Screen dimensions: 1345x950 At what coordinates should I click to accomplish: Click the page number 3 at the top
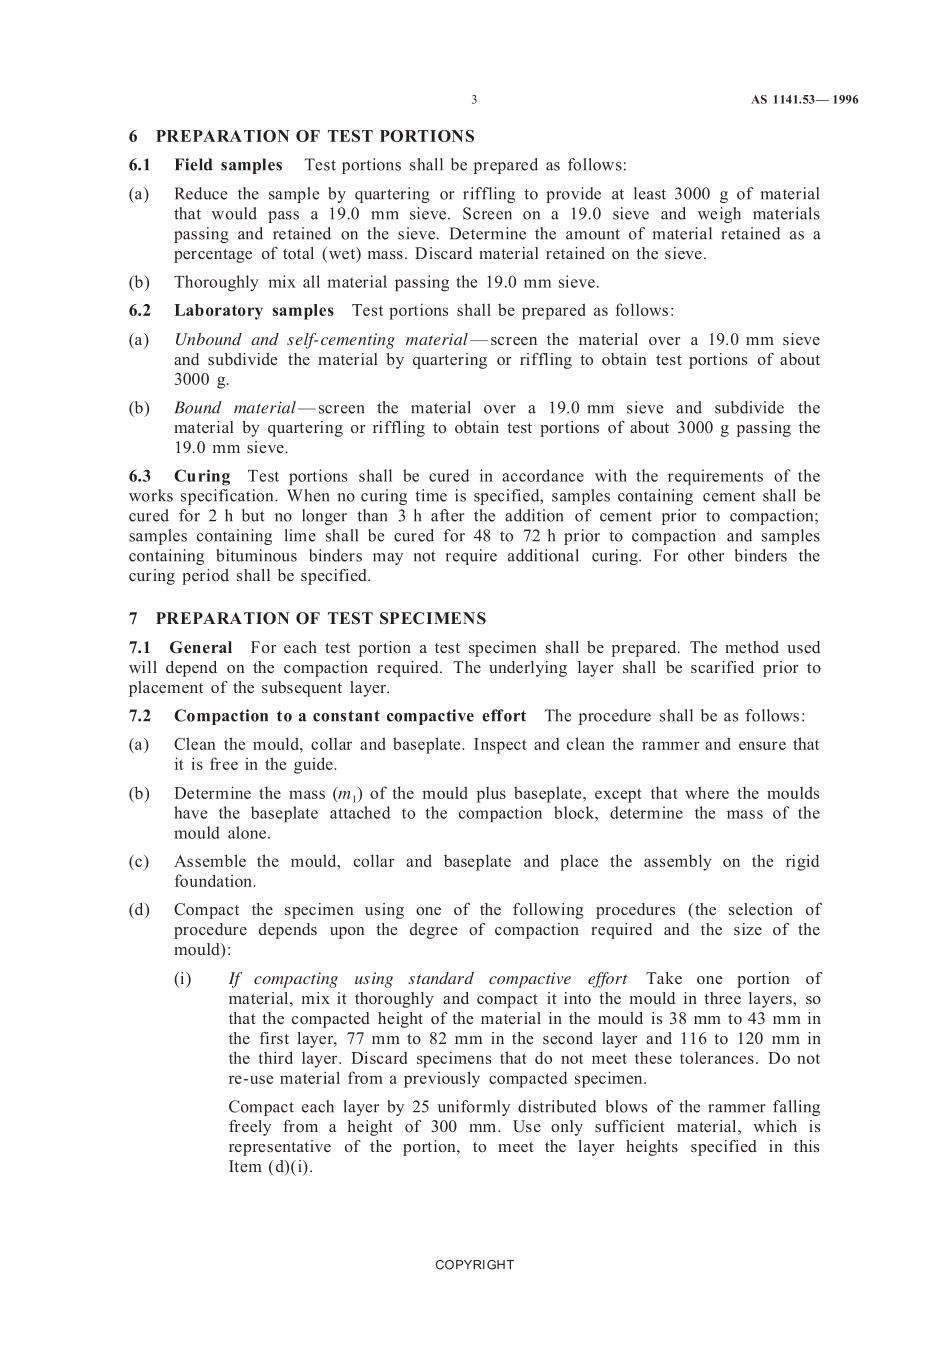click(474, 100)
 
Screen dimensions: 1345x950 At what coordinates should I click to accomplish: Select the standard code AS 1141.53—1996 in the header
click(804, 100)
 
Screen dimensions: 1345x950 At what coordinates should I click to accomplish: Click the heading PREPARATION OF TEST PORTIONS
click(315, 136)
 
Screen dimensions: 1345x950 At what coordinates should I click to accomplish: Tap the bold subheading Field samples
click(228, 165)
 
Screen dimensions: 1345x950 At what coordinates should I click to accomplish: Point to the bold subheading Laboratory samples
click(254, 311)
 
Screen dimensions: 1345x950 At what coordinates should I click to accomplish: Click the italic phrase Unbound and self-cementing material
click(320, 340)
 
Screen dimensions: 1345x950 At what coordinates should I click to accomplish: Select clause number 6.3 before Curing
click(140, 476)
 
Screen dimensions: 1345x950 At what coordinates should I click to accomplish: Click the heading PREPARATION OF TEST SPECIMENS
click(320, 618)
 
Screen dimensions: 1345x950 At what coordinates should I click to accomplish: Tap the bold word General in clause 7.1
click(201, 648)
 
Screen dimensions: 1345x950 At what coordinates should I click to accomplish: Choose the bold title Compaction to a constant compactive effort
click(350, 716)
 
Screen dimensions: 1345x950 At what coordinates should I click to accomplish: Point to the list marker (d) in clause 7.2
click(139, 910)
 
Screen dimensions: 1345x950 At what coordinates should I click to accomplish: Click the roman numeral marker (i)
click(183, 979)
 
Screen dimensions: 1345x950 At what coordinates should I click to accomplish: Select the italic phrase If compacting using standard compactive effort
click(428, 979)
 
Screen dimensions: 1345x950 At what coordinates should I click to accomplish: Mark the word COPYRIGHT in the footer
click(474, 1265)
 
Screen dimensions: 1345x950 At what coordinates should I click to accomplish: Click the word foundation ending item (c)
click(213, 882)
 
